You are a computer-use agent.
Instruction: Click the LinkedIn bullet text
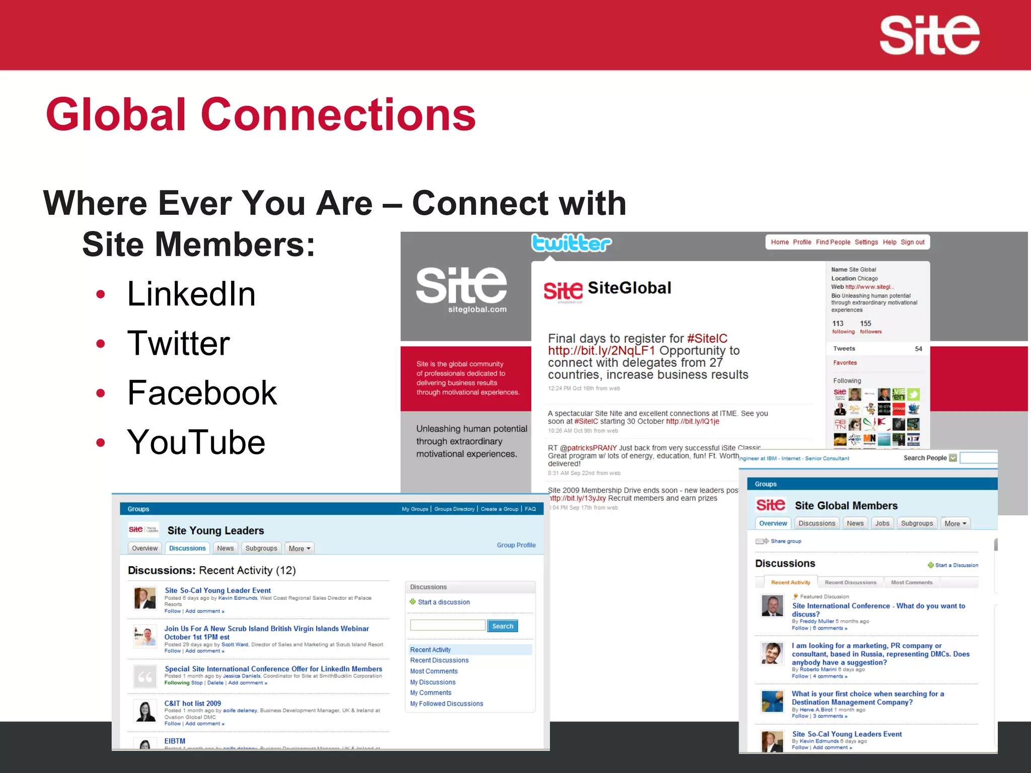[x=191, y=294]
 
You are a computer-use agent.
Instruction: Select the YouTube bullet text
[x=196, y=442]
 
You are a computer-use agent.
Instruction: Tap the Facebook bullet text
[x=202, y=393]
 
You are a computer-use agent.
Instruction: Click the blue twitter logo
[x=571, y=244]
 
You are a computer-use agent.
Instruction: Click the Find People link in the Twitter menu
[x=833, y=242]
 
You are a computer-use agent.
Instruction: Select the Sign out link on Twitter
[x=912, y=242]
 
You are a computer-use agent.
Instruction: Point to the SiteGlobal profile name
[x=629, y=288]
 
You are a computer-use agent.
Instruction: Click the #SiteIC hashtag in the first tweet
[x=707, y=338]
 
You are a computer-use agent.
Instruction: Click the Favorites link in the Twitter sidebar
[x=845, y=362]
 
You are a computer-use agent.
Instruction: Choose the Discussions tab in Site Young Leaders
[x=187, y=548]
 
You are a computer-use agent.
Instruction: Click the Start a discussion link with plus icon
[x=443, y=602]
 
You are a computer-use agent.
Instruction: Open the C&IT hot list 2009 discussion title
[x=192, y=703]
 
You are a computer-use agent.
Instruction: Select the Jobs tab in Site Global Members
[x=882, y=523]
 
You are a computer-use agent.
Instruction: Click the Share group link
[x=785, y=541]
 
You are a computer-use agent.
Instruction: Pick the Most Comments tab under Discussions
[x=911, y=582]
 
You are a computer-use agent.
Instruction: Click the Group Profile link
[x=516, y=545]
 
